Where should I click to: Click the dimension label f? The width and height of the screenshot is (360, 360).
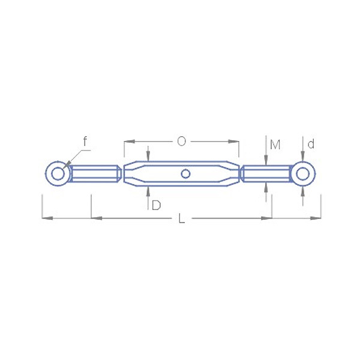click(85, 141)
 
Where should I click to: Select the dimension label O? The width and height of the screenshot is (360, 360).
click(181, 142)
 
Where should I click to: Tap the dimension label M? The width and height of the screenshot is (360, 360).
click(275, 145)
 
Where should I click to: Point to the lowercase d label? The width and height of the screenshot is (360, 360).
click(311, 144)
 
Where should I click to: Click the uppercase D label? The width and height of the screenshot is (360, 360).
click(156, 205)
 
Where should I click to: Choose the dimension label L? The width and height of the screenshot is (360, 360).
click(181, 218)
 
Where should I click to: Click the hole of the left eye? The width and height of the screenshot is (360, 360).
click(58, 173)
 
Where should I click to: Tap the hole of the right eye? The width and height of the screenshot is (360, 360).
click(302, 174)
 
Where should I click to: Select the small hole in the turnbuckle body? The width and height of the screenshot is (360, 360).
click(185, 174)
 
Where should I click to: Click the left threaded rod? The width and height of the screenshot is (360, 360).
click(95, 174)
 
